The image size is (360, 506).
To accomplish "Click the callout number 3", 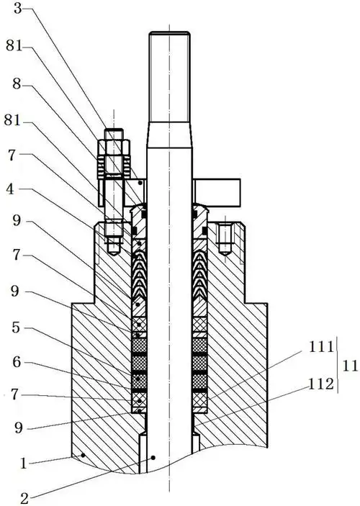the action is click(x=18, y=9).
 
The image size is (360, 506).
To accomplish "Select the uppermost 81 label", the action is click(x=14, y=46).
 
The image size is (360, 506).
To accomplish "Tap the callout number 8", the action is click(x=17, y=84).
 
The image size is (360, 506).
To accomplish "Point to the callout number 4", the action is click(x=10, y=189).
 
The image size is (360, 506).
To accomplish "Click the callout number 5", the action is click(x=16, y=327).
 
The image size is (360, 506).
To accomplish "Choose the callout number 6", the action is click(x=17, y=362).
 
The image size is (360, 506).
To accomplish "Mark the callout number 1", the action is click(x=22, y=464).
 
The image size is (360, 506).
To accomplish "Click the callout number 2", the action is click(x=24, y=499).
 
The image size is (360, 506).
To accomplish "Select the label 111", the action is click(x=321, y=347).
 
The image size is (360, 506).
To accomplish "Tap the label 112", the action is click(x=321, y=384).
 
